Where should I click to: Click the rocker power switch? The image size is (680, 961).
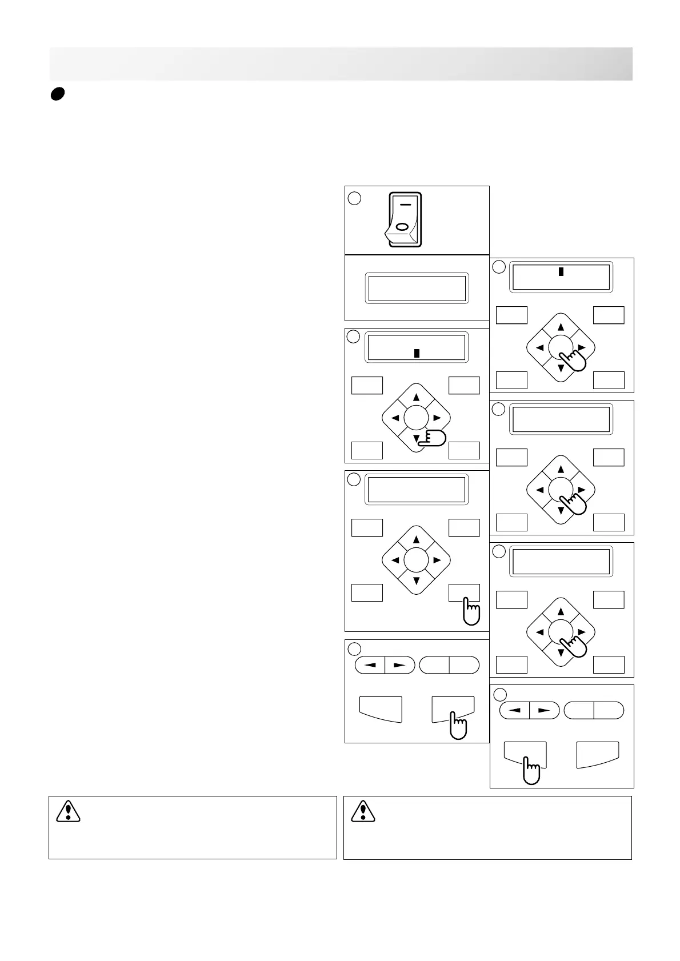(x=405, y=219)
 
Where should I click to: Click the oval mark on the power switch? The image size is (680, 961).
(x=402, y=227)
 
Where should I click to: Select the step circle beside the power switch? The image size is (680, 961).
(x=354, y=198)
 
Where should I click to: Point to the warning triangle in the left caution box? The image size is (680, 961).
(x=69, y=811)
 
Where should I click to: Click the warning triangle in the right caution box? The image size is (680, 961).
(x=363, y=811)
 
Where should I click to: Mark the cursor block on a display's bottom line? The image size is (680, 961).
(x=417, y=353)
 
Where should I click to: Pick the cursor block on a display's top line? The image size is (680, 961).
(x=561, y=271)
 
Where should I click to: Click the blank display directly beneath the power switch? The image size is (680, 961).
(x=417, y=287)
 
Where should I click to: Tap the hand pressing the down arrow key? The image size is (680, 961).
(x=432, y=438)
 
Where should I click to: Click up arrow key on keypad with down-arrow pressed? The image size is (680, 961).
(x=416, y=397)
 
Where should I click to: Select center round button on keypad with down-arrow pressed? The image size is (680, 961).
(x=416, y=418)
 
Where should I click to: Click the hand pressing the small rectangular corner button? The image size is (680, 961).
(x=471, y=611)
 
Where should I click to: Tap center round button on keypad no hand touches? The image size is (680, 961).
(x=416, y=560)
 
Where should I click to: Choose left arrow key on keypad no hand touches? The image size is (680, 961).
(x=395, y=560)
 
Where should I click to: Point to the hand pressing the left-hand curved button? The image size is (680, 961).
(x=531, y=770)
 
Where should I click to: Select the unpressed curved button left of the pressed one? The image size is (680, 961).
(x=381, y=708)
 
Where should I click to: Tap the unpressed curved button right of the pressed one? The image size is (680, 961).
(x=597, y=754)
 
